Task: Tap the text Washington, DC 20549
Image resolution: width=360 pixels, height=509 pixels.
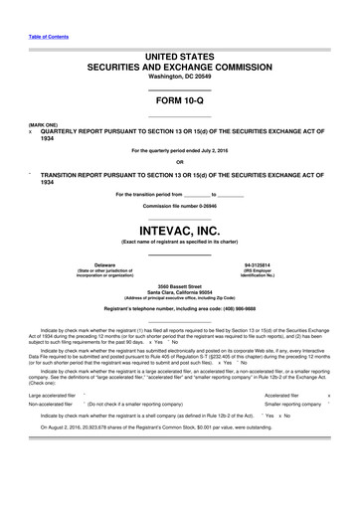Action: click(x=179, y=77)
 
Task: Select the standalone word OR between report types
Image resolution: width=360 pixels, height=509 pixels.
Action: click(x=179, y=161)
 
